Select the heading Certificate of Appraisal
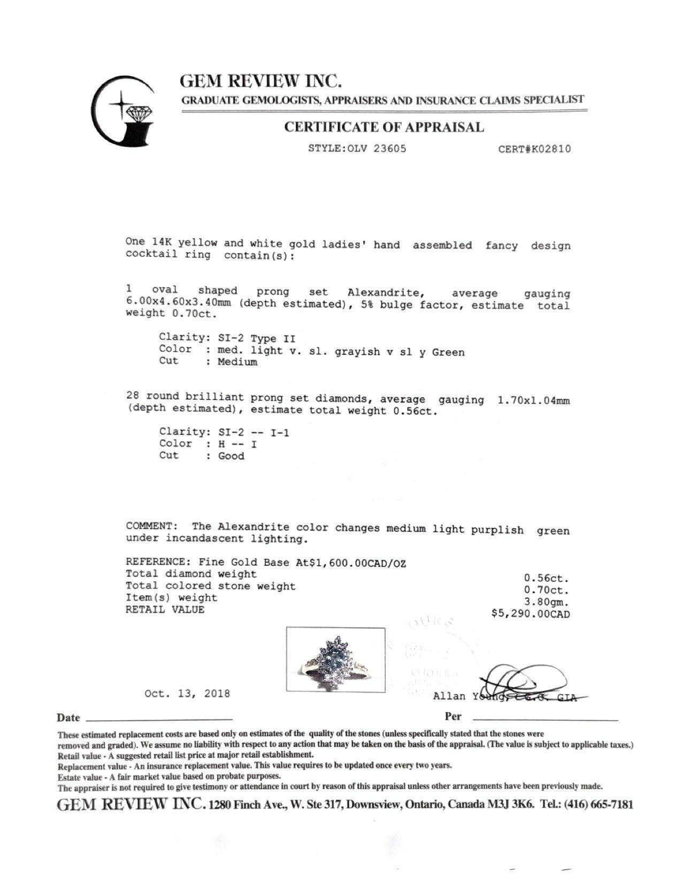[384, 127]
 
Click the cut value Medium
[237, 362]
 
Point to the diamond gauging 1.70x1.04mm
[533, 400]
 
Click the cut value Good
[231, 456]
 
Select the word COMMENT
[149, 527]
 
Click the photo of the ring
[335, 660]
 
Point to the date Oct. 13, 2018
[187, 694]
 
